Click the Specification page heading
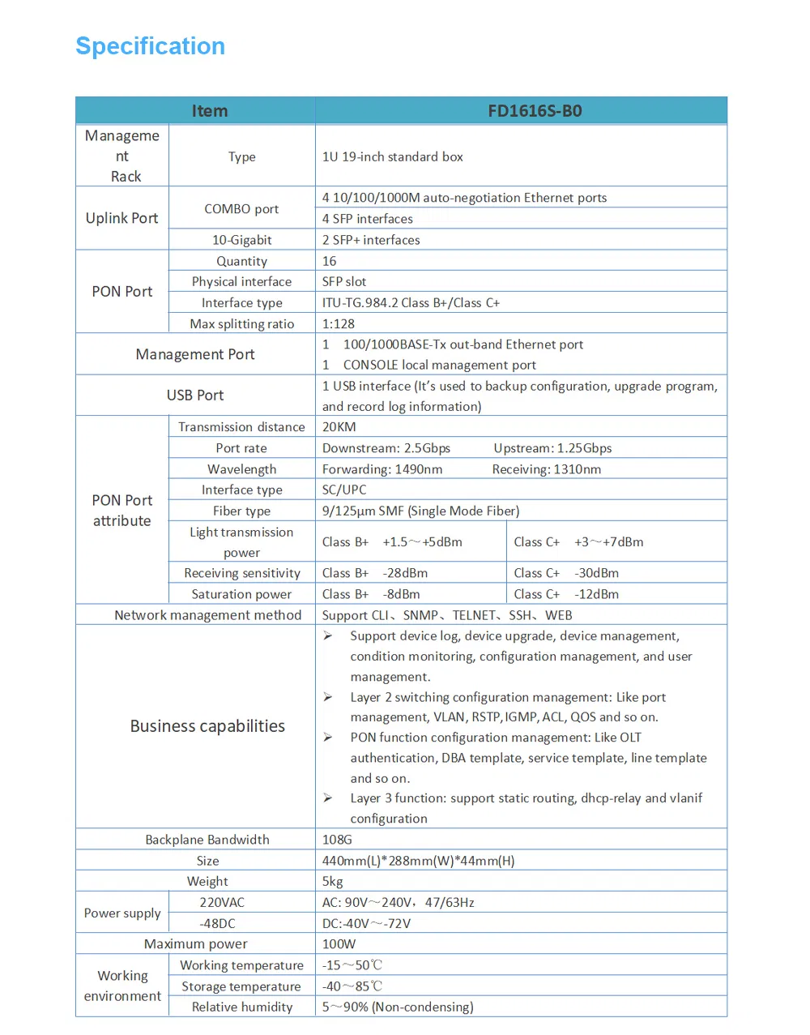(x=150, y=46)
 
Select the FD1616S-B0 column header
(x=535, y=111)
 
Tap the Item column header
(x=209, y=111)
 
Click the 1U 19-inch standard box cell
(x=393, y=156)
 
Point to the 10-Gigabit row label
(x=241, y=240)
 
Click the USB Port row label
(x=195, y=395)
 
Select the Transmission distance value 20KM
(x=339, y=427)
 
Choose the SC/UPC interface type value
(x=344, y=490)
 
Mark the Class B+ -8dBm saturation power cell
(x=371, y=594)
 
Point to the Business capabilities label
(x=207, y=726)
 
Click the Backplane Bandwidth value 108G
(x=337, y=840)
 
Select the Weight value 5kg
(x=333, y=881)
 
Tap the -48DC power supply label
(x=217, y=923)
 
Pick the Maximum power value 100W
(x=339, y=944)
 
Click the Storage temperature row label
(x=241, y=986)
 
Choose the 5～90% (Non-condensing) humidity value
(x=398, y=1007)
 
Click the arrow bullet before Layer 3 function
(x=328, y=798)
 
